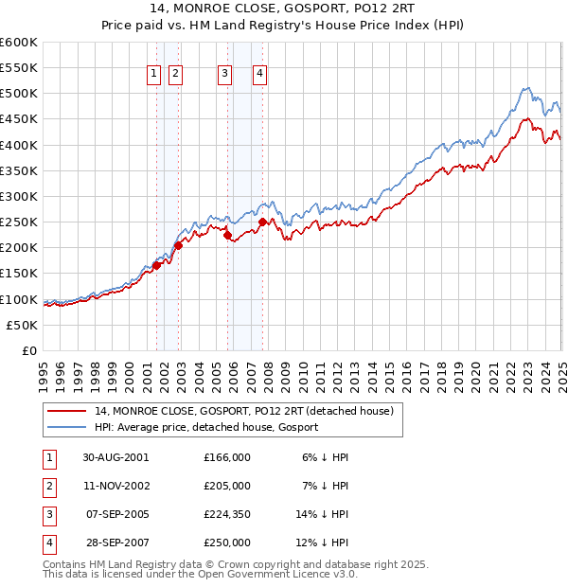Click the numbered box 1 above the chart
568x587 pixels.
153,75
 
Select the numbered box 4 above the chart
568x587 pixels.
259,75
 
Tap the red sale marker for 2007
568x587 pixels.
262,222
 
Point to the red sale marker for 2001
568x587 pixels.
157,265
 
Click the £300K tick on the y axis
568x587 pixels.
19,196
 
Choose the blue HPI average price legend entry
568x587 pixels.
206,427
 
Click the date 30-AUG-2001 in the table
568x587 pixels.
115,456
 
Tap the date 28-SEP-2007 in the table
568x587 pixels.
115,543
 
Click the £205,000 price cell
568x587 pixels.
226,486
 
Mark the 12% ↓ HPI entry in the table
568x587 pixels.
323,543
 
